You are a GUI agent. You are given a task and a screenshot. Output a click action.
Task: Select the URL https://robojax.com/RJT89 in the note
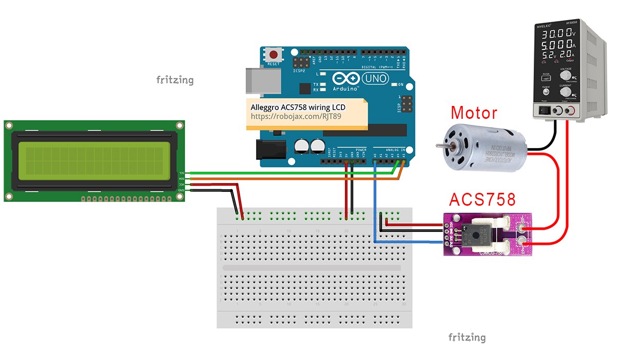[x=296, y=117]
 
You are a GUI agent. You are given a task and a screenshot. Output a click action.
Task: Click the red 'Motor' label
[x=474, y=113]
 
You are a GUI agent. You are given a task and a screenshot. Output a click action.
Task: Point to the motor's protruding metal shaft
[x=440, y=146]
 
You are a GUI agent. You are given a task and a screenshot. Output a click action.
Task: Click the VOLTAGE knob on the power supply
[x=565, y=74]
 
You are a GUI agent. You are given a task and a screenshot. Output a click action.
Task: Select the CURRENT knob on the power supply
[x=565, y=92]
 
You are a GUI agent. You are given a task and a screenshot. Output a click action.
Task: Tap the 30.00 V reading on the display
[x=556, y=34]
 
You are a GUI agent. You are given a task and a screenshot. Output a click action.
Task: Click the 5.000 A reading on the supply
[x=556, y=45]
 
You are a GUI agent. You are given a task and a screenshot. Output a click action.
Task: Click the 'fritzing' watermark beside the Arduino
[x=175, y=80]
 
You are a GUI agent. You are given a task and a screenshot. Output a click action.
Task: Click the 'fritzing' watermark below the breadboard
[x=466, y=337]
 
